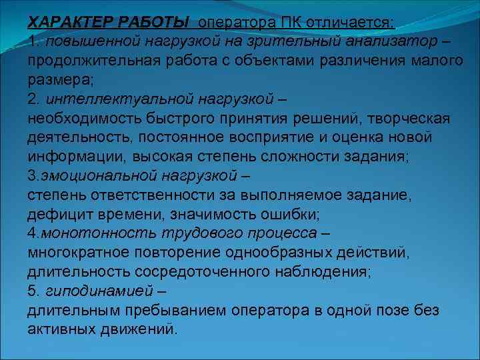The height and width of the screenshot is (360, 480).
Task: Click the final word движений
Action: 143,330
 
